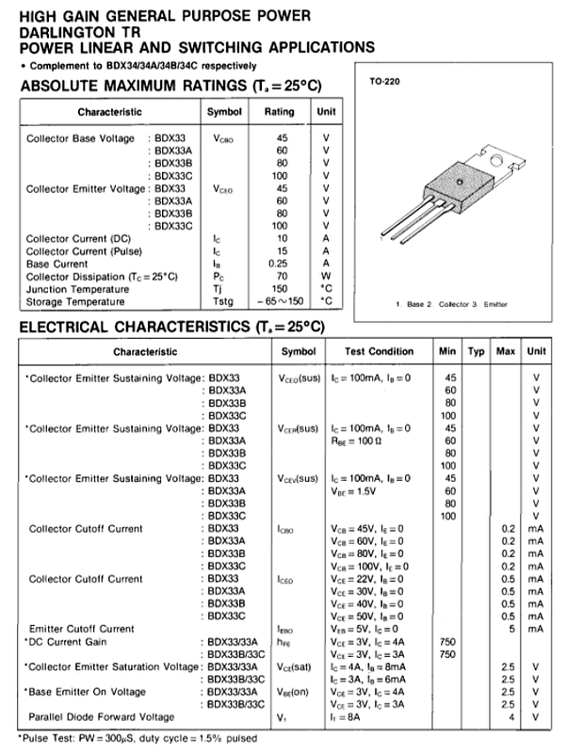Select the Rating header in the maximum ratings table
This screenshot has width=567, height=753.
(280, 111)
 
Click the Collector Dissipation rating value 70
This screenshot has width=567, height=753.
(282, 276)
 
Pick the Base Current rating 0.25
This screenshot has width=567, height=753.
(282, 264)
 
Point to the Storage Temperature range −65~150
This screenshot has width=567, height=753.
(281, 301)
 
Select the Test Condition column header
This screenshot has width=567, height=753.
(379, 351)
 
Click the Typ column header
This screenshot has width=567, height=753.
(476, 351)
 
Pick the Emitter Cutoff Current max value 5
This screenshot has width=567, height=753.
(509, 628)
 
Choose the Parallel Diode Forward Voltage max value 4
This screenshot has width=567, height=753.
(509, 717)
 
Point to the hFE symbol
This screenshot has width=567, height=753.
(284, 641)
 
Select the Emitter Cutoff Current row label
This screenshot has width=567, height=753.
(81, 628)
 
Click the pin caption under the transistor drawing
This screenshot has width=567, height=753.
(451, 305)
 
